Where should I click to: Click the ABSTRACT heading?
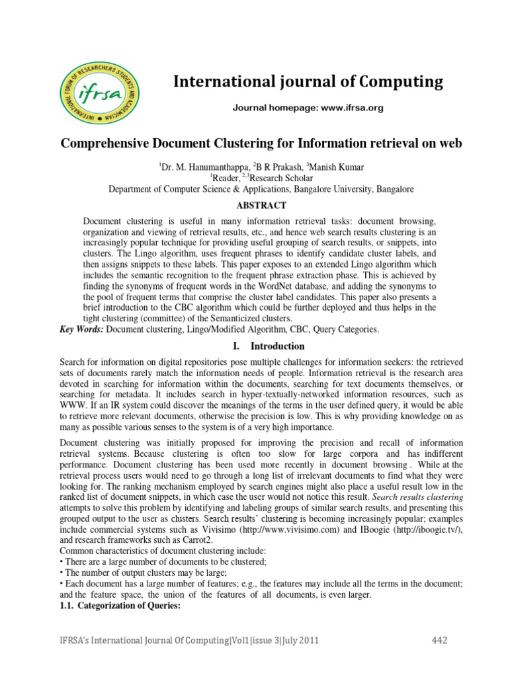coord(261,205)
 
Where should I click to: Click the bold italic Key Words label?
coord(81,329)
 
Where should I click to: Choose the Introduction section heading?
coord(277,346)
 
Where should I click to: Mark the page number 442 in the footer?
coord(439,640)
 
